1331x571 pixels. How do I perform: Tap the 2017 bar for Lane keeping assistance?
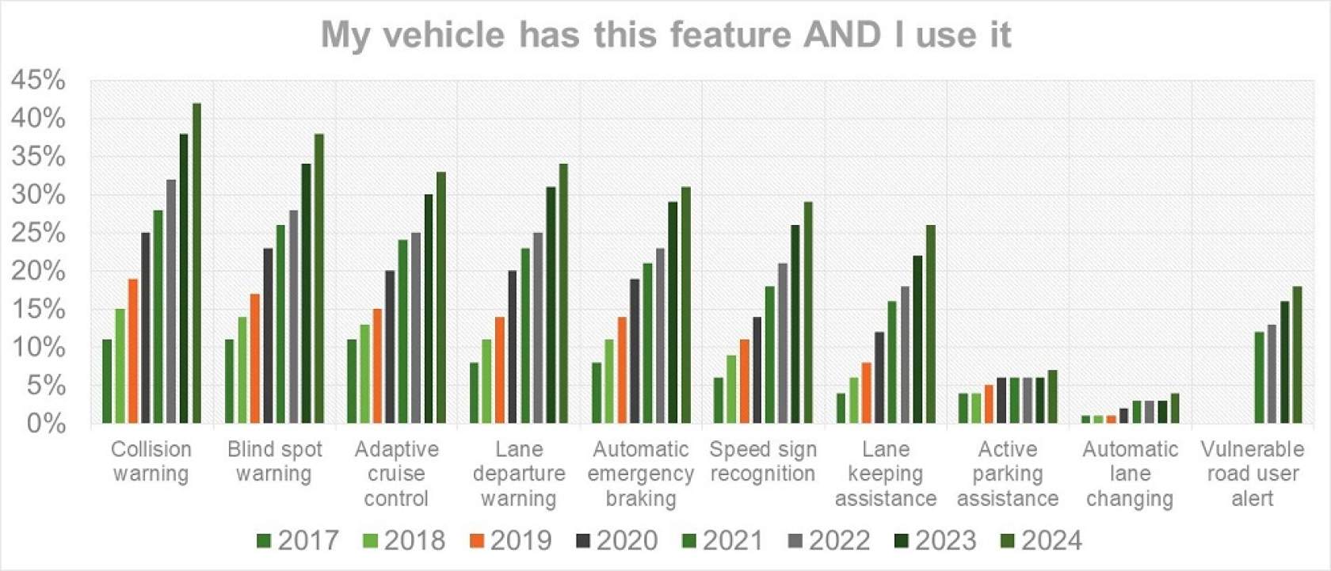pos(841,408)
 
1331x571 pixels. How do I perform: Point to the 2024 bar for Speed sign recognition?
pos(808,313)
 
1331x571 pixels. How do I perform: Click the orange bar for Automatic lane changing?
pos(1112,419)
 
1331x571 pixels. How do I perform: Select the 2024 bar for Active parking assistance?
pos(1053,397)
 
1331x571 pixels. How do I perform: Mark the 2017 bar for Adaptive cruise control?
pos(352,381)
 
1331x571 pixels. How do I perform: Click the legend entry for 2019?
pos(510,541)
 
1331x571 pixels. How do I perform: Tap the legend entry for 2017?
pos(298,541)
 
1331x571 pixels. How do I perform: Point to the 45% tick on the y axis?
pos(38,80)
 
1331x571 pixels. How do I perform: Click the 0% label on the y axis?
pos(46,423)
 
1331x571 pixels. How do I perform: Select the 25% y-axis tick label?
pos(38,233)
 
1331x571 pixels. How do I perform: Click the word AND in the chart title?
pos(841,35)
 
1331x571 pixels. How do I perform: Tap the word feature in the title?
pos(732,35)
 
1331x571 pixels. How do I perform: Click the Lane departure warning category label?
pos(519,474)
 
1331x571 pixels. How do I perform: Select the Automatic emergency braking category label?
pos(641,474)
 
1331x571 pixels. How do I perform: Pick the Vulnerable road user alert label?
pos(1253,474)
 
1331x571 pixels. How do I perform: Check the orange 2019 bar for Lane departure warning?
pos(500,370)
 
